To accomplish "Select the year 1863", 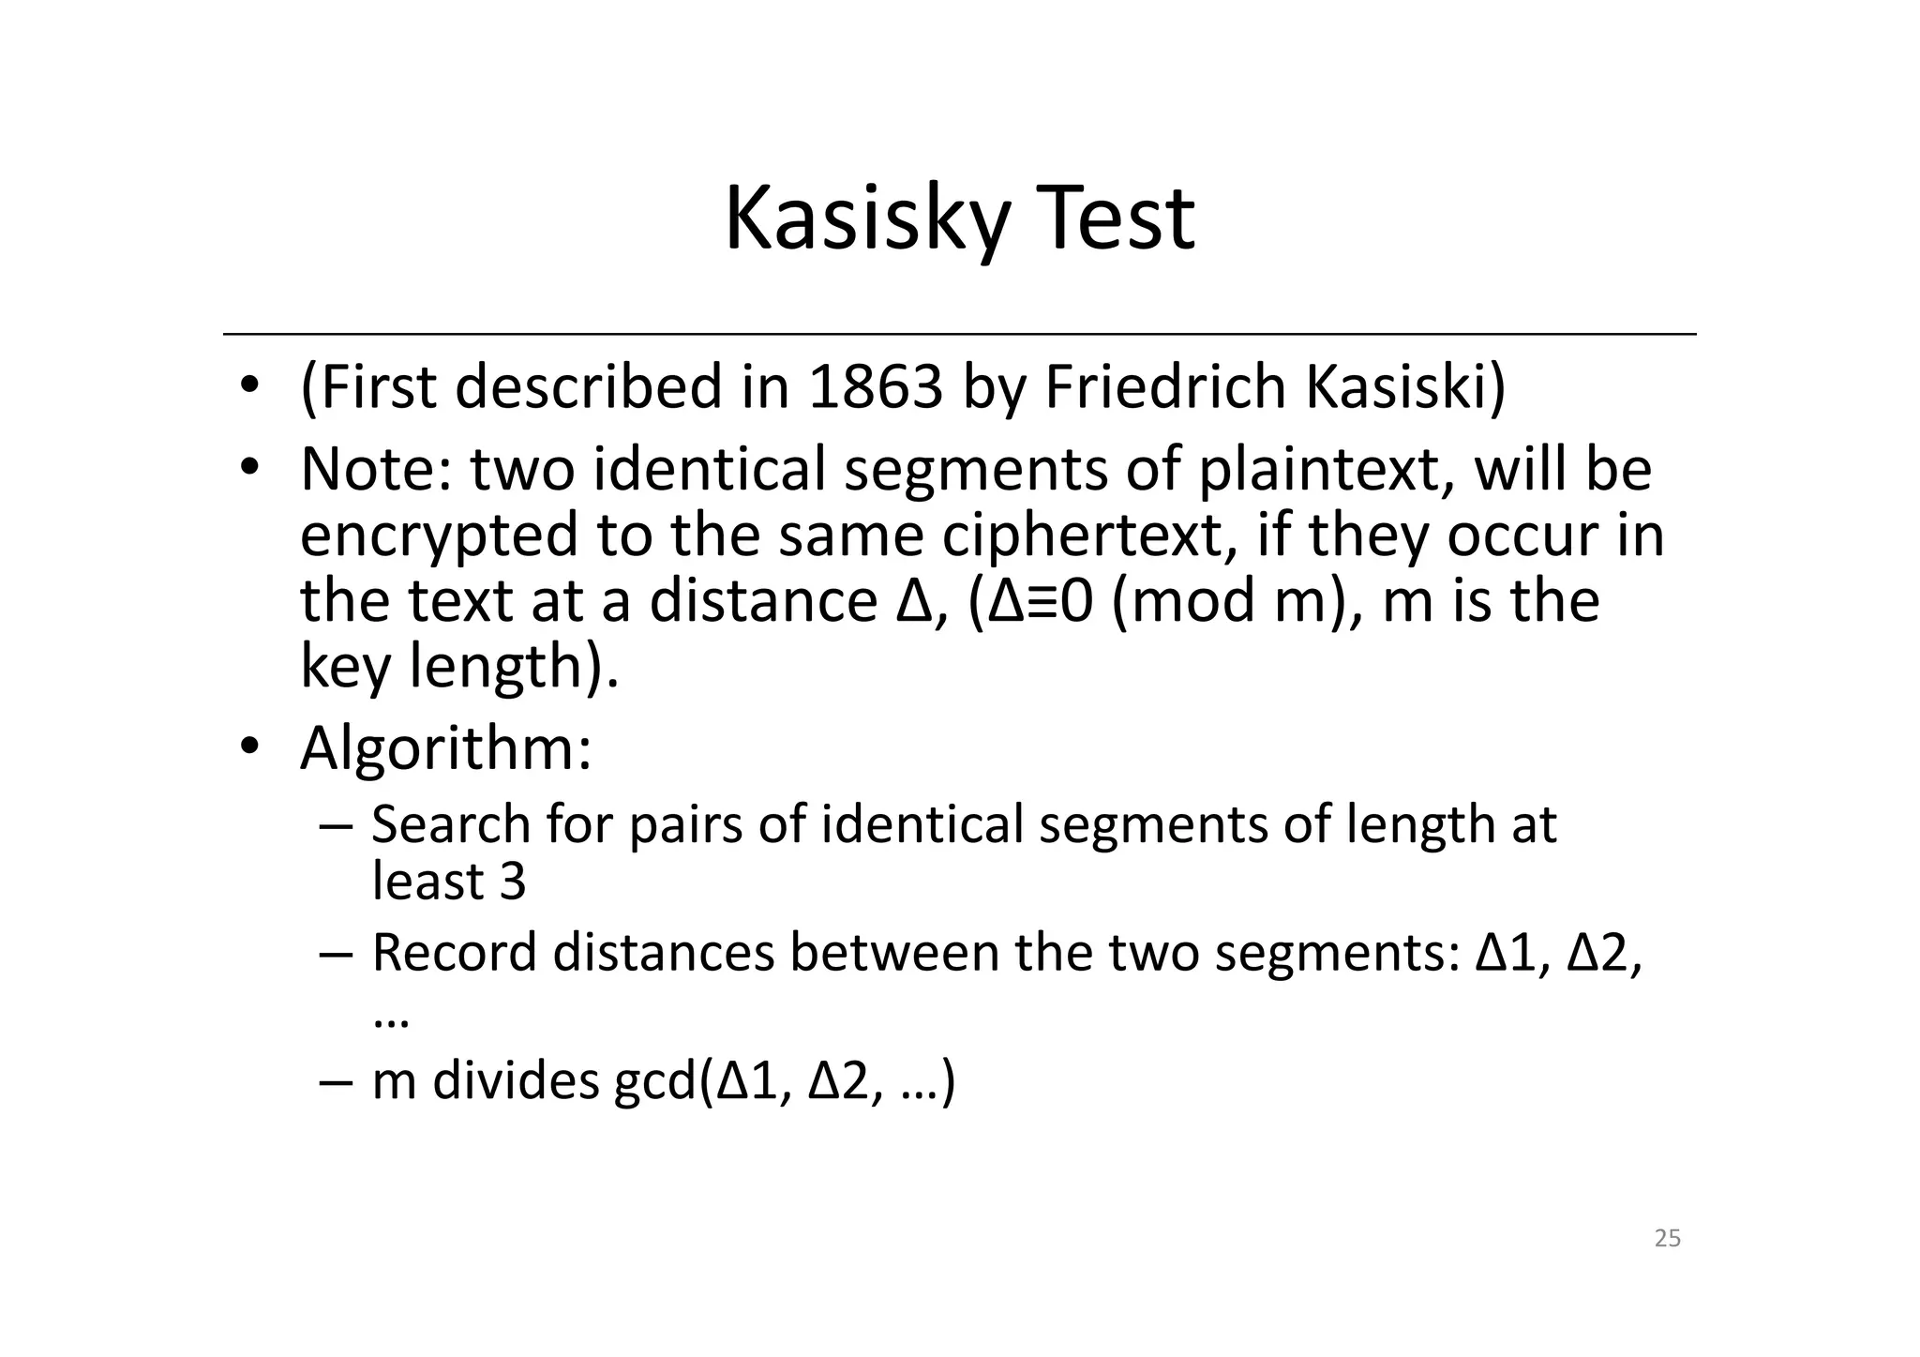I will pyautogui.click(x=875, y=386).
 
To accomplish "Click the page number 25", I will pyautogui.click(x=1668, y=1239).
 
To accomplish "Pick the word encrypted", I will pyautogui.click(x=440, y=535).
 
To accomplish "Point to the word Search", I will pyautogui.click(x=451, y=824).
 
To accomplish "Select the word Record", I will pyautogui.click(x=454, y=953).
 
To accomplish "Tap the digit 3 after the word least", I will pyautogui.click(x=513, y=882).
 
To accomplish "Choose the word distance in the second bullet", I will pyautogui.click(x=763, y=601).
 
